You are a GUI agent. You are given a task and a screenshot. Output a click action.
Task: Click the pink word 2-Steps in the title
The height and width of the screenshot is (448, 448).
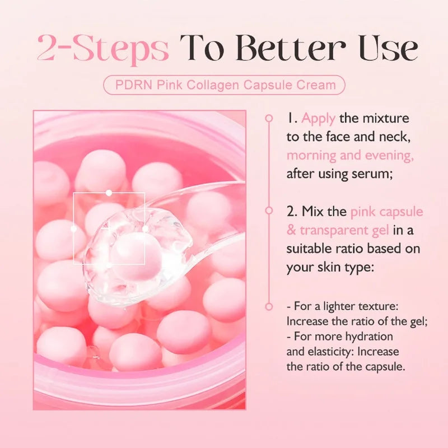point(102,49)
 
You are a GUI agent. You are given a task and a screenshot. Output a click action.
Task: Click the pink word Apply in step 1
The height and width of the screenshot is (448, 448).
point(319,118)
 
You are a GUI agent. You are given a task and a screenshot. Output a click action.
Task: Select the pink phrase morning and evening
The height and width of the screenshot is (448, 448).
point(350,155)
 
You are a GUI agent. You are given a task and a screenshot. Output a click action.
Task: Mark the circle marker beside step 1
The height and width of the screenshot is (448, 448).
point(269,118)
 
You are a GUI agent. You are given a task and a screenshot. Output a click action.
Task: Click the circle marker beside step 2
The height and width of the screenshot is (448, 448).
point(269,212)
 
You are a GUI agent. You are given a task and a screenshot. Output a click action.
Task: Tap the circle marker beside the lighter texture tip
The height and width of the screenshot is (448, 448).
point(269,307)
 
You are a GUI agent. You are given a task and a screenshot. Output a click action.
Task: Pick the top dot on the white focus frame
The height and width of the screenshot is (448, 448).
point(109,192)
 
